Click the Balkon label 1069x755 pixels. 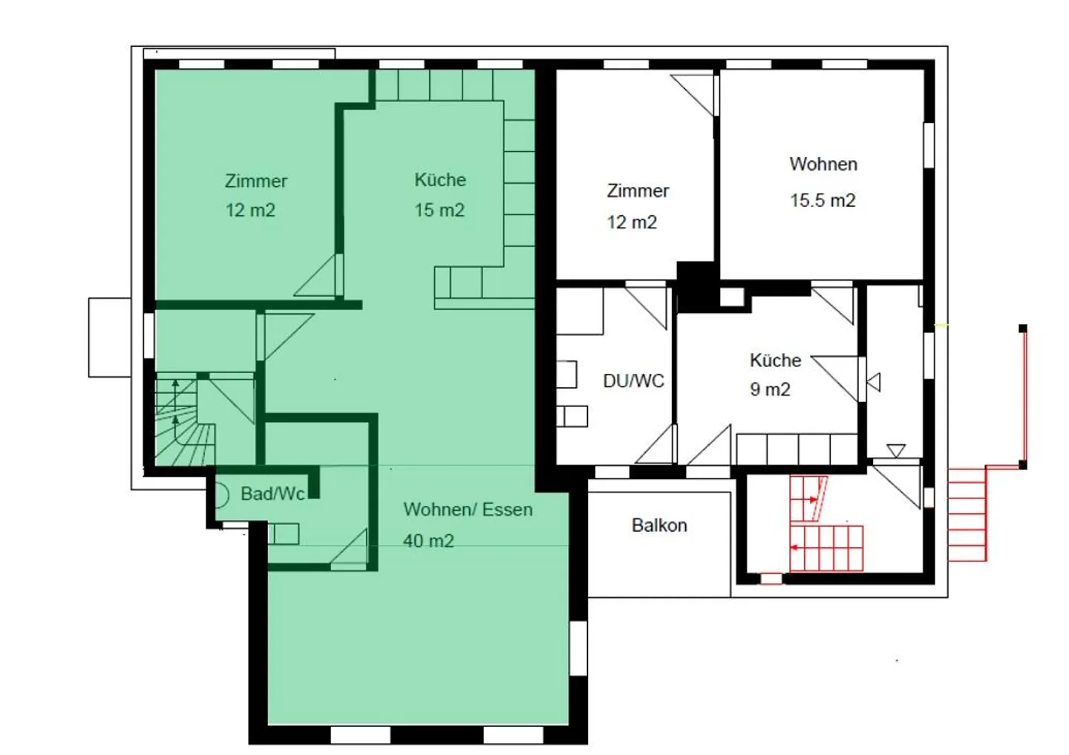coord(659,525)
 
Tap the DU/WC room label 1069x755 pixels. coord(633,381)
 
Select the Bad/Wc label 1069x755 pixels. coord(272,494)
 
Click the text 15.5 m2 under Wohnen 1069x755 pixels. coord(823,200)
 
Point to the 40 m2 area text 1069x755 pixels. coord(428,541)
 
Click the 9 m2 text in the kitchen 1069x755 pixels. coord(770,389)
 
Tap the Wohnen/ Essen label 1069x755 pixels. coord(468,510)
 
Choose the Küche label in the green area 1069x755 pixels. coord(440,180)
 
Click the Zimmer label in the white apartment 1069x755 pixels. coord(638,191)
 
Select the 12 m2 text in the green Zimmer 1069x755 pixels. coord(250,211)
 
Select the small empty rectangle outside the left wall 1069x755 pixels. coord(110,337)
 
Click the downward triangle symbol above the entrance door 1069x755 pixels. coord(896,450)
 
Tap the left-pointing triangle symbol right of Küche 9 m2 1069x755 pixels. coord(875,382)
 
